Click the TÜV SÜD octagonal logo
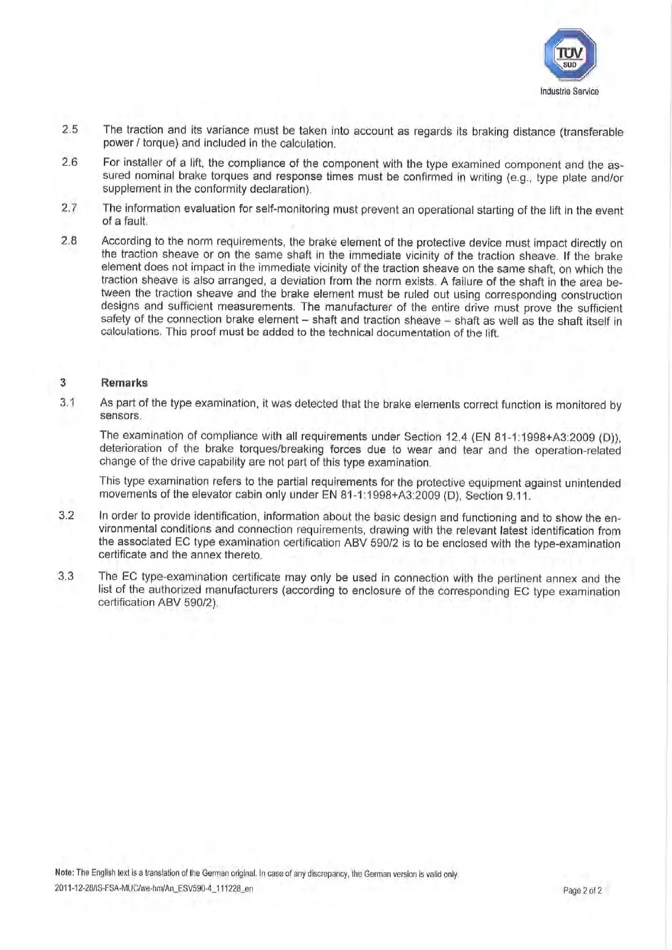(569, 55)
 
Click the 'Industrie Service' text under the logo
(569, 91)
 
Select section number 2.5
(70, 129)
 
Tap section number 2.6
(70, 162)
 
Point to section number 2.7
(69, 208)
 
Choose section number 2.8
(69, 241)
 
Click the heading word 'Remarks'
(124, 382)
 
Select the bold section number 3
(63, 382)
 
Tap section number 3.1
(68, 403)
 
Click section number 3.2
(67, 515)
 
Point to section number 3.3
(66, 577)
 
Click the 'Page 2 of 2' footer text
(582, 891)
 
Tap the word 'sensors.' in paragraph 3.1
(120, 416)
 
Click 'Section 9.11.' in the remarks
(498, 496)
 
